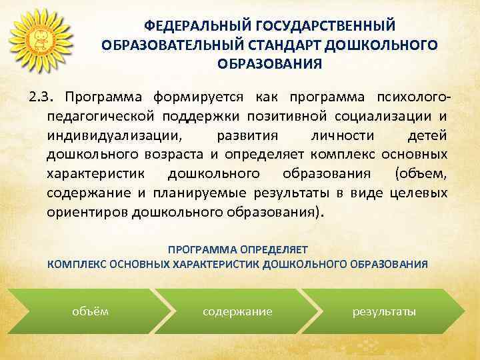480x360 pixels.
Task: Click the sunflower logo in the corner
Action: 38,38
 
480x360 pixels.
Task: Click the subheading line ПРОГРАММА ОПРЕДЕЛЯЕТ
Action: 238,250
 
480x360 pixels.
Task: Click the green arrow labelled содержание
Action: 238,311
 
